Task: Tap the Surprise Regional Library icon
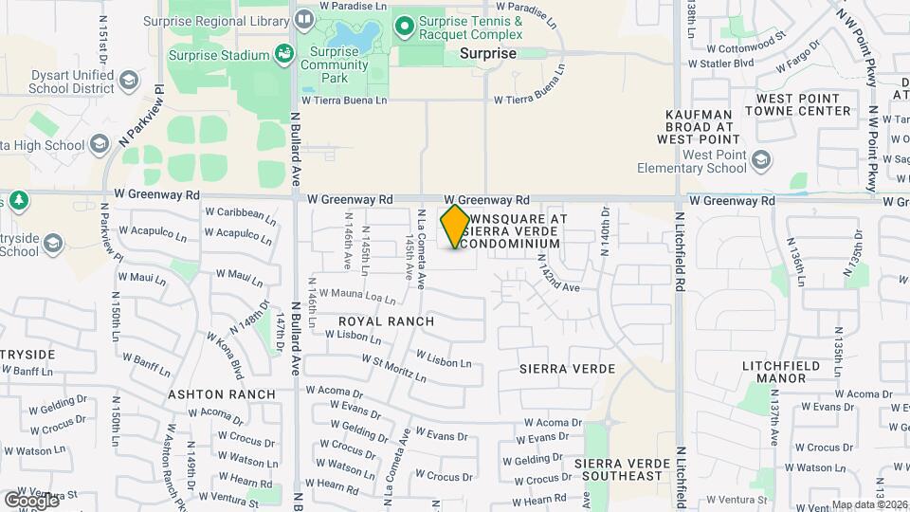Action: pos(304,18)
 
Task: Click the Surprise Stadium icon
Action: pos(283,55)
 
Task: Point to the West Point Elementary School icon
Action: pos(760,162)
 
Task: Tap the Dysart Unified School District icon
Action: pos(127,82)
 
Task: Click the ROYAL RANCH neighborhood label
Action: pos(387,321)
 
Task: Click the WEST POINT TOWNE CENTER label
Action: pos(798,104)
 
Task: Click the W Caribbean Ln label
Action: pos(240,213)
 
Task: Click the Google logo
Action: pos(31,500)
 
